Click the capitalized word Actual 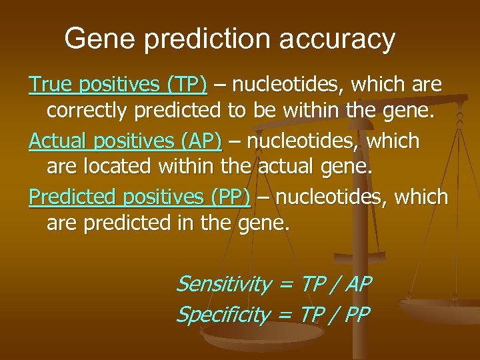pyautogui.click(x=58, y=141)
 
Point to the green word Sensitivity pyautogui.click(x=223, y=285)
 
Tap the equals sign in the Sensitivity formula pyautogui.click(x=285, y=285)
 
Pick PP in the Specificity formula pyautogui.click(x=356, y=314)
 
